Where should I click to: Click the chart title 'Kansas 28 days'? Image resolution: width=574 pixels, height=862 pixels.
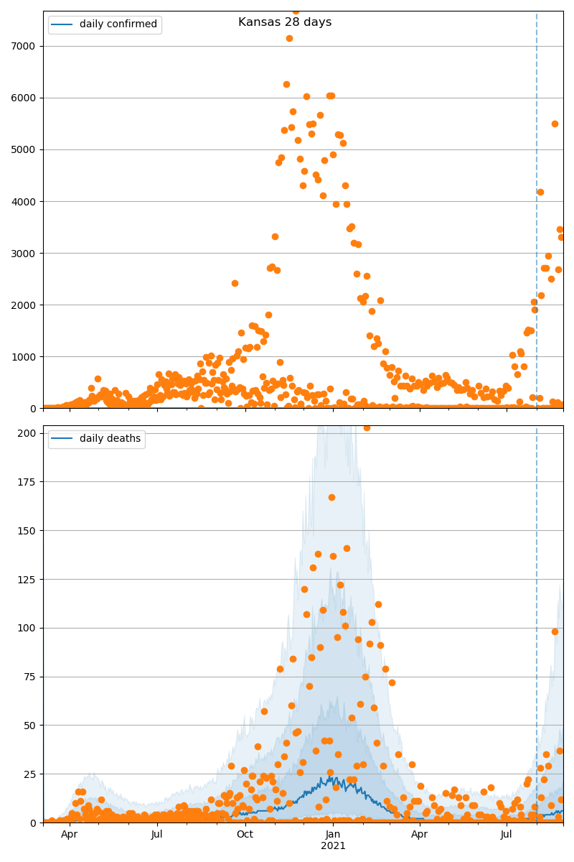click(x=285, y=22)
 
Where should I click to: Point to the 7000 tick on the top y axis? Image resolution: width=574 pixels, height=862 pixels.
click(x=27, y=46)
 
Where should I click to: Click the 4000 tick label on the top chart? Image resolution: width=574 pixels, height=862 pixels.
click(x=27, y=201)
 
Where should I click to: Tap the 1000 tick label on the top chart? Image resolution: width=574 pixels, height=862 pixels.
click(x=27, y=356)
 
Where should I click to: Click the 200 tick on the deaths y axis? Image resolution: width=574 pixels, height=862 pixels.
click(x=29, y=433)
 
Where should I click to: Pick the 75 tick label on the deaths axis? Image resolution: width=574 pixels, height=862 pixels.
click(x=32, y=677)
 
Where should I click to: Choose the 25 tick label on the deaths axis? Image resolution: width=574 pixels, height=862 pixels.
click(x=32, y=774)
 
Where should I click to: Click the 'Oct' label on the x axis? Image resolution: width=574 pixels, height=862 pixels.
click(x=245, y=834)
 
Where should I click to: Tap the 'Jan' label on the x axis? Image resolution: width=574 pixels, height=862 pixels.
click(x=333, y=834)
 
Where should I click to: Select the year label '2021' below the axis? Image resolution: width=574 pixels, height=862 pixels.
click(x=333, y=845)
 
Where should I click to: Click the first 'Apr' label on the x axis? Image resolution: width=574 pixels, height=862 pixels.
click(x=69, y=834)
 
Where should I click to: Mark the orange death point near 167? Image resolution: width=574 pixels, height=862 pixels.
click(x=331, y=497)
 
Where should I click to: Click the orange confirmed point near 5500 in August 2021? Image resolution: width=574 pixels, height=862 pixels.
click(x=555, y=124)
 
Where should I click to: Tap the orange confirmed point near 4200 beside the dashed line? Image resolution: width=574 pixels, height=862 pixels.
click(x=540, y=192)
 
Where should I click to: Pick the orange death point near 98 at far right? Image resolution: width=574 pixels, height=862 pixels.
click(x=555, y=631)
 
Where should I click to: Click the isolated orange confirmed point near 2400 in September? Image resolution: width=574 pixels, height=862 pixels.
click(x=235, y=283)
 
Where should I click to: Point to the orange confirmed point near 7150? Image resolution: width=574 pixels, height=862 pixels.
click(x=289, y=38)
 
